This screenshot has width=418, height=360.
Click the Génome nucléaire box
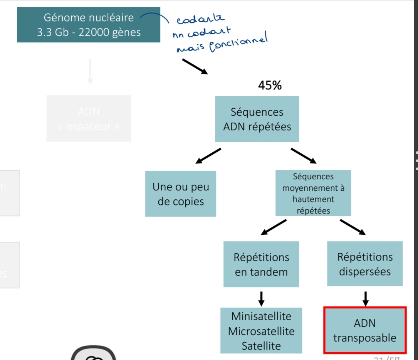tap(88, 25)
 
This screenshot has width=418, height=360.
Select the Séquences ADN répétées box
tap(257, 119)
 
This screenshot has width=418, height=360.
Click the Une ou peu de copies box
tap(180, 194)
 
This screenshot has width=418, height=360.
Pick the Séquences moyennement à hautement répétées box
tap(313, 193)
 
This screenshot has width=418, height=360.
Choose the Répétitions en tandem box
tap(261, 264)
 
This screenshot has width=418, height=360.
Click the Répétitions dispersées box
tap(364, 264)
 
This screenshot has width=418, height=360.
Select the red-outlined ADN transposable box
tap(364, 330)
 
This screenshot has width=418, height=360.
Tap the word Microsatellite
tap(261, 331)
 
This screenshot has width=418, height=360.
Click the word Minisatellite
tap(261, 316)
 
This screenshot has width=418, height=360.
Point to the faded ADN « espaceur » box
tap(89, 119)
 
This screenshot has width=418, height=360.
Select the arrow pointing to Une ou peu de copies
tap(208, 155)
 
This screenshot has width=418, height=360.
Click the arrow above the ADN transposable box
tap(365, 297)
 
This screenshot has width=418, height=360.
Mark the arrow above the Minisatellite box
tap(261, 297)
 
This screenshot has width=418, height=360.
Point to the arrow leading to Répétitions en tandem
tap(274, 227)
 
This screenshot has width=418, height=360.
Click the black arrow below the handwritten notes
tap(195, 66)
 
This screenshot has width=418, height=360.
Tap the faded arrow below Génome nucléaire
tap(90, 71)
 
